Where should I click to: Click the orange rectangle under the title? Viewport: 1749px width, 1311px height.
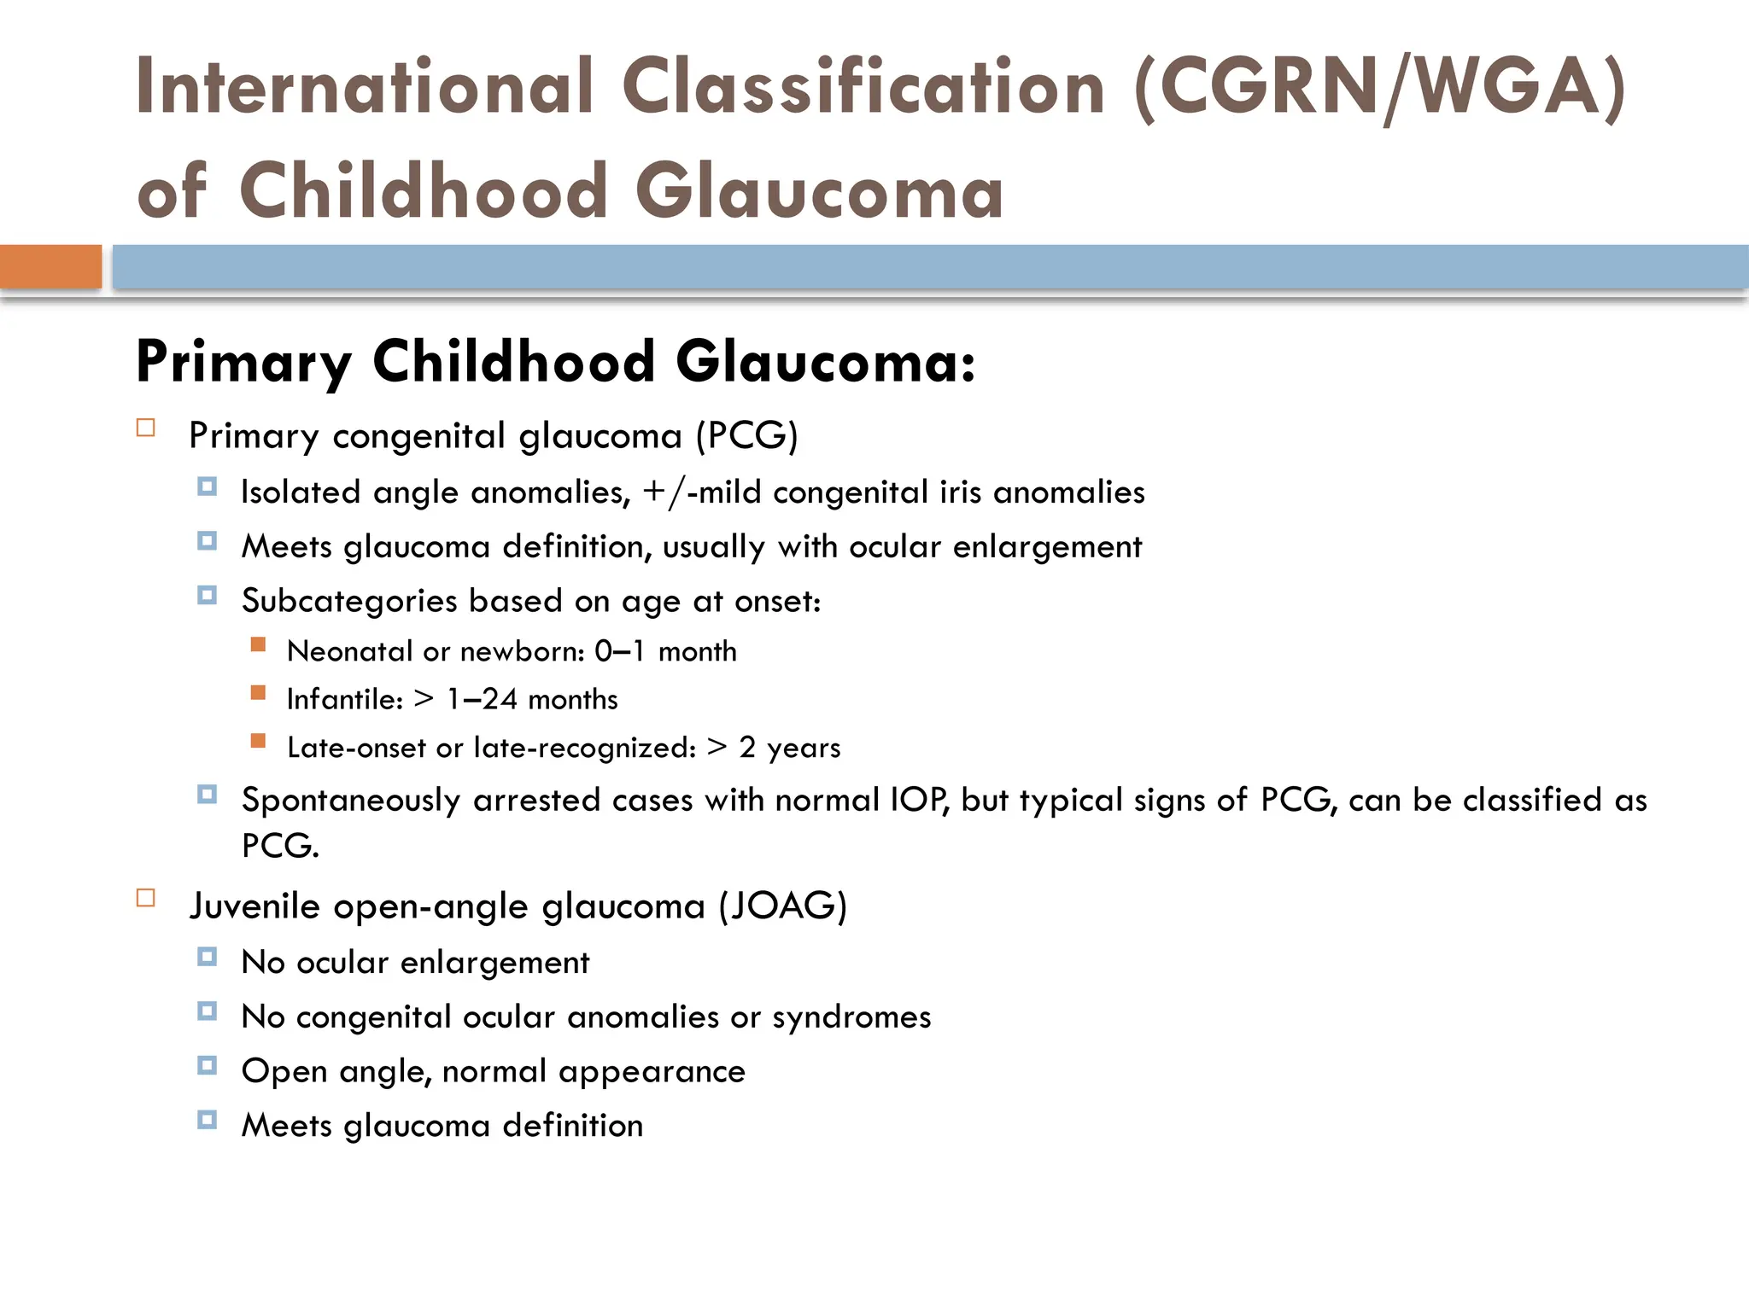[x=50, y=266]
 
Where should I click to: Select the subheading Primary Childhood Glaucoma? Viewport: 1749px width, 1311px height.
[x=555, y=362]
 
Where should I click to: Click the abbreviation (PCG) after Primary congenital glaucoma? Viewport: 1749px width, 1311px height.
[x=746, y=436]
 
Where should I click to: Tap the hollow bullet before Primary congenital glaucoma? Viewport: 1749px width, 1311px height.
[x=146, y=428]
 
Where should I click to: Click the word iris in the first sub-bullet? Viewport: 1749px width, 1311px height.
[x=960, y=492]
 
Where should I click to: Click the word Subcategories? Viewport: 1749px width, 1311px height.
[x=349, y=601]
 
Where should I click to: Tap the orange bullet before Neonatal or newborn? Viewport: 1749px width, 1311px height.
[x=258, y=644]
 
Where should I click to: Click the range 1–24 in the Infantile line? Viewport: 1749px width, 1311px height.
[x=482, y=700]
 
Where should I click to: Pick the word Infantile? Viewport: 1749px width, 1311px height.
[x=344, y=700]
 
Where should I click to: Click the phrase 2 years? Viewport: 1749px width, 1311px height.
[x=790, y=748]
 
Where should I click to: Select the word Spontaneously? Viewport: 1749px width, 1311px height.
[x=351, y=801]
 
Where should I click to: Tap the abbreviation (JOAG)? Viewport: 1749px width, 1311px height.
[x=782, y=906]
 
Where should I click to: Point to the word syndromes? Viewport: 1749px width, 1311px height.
[x=851, y=1017]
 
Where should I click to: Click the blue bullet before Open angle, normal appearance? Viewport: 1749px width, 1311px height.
[x=207, y=1065]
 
